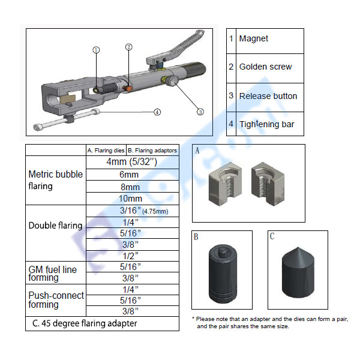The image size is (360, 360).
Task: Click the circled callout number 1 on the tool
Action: coord(96,50)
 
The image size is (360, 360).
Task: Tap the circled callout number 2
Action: coord(129,47)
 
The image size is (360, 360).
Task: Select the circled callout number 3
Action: coord(200,110)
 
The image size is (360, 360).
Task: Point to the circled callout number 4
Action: coord(157,112)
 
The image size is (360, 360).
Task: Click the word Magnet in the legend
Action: coord(254,39)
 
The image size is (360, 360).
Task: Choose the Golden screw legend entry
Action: coord(265,67)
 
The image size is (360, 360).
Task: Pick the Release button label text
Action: coord(268,96)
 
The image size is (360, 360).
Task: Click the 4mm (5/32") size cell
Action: coord(131,162)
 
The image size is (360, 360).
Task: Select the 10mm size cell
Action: coord(130,199)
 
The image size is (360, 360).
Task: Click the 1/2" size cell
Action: coord(130,255)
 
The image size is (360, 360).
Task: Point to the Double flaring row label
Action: coord(55,226)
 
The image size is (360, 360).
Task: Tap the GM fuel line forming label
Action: coord(53,274)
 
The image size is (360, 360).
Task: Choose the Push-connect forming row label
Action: coord(56,300)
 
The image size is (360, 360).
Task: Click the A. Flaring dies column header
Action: coord(106,150)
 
